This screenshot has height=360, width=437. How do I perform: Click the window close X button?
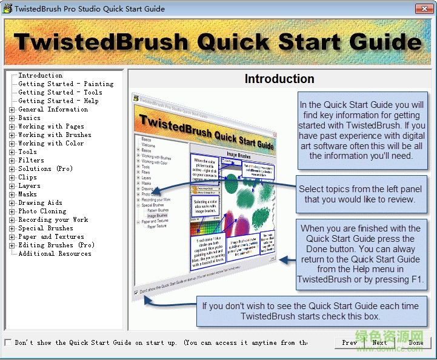coord(424,8)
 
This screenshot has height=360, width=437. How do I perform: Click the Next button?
coord(379,342)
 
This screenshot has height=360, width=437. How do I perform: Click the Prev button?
coord(350,342)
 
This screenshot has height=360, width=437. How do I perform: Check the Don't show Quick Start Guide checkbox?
coord(8,342)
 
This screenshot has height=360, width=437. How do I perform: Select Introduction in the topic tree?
coord(40,76)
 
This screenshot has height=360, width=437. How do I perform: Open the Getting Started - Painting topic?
coord(65,84)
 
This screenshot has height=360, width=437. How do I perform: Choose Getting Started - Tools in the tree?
coord(60,93)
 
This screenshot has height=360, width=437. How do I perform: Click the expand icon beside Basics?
coord(12,118)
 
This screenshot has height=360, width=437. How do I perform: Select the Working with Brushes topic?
coord(55,135)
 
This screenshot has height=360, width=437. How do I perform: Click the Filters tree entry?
coord(31,161)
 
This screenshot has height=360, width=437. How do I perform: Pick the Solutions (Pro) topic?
coord(45,169)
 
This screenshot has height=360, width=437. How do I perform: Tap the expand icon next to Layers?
coord(12,186)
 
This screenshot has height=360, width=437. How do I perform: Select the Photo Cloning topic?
coord(42,212)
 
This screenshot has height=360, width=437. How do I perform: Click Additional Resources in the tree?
coord(54,254)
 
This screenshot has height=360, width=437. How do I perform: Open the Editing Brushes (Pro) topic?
coord(56,245)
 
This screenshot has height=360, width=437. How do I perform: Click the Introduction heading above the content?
coord(279,79)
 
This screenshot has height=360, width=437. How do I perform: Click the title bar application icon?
coord(7,8)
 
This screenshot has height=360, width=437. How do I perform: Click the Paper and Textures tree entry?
coord(51,237)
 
